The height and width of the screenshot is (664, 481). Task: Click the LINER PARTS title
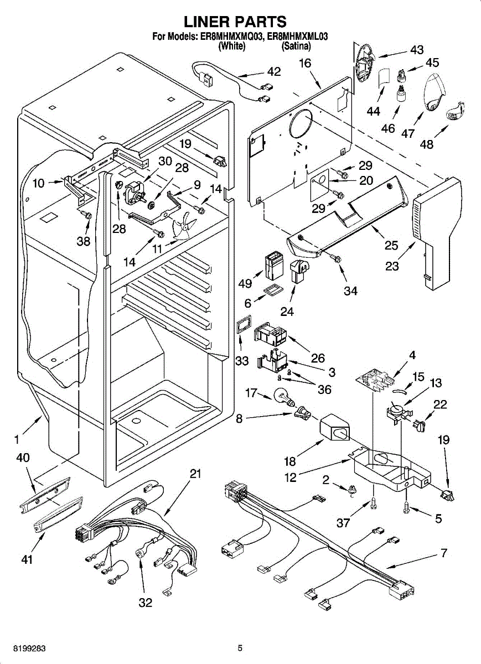235,22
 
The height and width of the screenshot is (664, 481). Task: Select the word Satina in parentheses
296,46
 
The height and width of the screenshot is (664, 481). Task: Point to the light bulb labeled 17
284,397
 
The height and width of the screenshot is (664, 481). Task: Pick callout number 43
417,50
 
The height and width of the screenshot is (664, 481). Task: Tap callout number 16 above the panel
306,63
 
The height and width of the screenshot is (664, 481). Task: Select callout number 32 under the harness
145,603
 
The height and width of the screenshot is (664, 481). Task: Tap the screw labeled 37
374,505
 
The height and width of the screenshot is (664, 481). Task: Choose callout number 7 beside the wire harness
443,553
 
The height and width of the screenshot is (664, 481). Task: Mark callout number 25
391,246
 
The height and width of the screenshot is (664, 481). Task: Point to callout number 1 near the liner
17,439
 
